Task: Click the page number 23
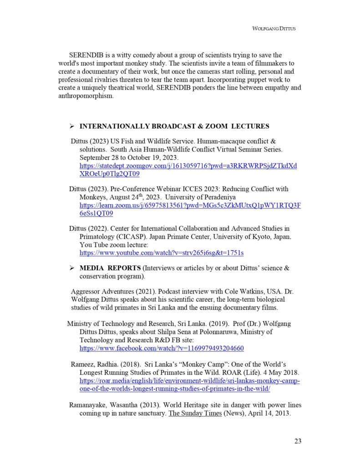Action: click(x=298, y=441)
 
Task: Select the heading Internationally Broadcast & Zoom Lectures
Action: click(x=174, y=126)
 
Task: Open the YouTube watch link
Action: click(x=162, y=253)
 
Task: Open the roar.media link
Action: click(x=189, y=385)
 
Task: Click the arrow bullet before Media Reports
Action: click(x=71, y=268)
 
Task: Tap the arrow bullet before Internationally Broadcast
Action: click(x=71, y=127)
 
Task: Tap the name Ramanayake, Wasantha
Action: click(x=104, y=405)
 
